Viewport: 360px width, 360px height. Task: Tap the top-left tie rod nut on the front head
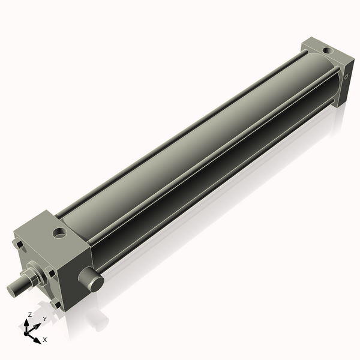(x=18, y=244)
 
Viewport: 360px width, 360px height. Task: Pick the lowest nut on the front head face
(x=56, y=304)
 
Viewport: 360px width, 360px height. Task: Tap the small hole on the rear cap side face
(x=347, y=77)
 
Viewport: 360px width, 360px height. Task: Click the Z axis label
(x=30, y=314)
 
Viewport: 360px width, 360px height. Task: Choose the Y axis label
(x=44, y=319)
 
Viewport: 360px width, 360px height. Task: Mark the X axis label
(x=44, y=340)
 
